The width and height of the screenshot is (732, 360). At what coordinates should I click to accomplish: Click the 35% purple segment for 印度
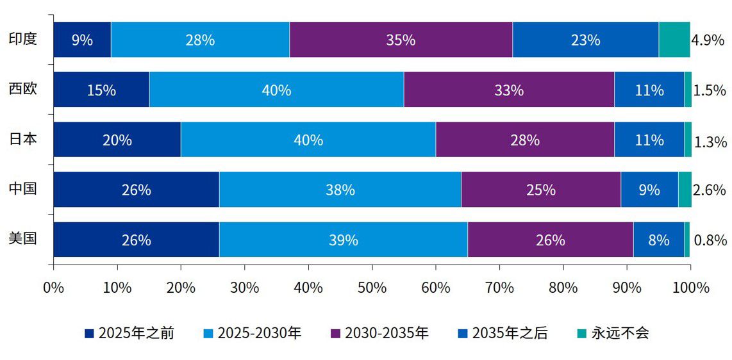[401, 40]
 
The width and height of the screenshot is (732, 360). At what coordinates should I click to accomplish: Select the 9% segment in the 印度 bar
[82, 40]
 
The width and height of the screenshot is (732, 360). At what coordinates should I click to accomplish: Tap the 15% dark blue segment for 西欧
[101, 90]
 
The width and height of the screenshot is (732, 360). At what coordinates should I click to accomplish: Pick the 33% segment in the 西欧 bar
[508, 90]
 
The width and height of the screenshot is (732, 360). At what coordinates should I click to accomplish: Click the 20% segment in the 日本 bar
[117, 140]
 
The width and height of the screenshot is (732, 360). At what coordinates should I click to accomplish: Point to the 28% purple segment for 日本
[524, 140]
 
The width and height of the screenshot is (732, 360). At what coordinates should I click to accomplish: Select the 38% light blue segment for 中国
[340, 190]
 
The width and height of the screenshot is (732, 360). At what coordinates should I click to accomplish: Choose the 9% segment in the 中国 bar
[649, 190]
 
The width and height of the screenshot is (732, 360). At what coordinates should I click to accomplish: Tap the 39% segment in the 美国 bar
[343, 240]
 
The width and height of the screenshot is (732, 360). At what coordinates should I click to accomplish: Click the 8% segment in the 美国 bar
[658, 240]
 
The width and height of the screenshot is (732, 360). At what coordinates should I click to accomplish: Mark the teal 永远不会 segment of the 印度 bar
[674, 40]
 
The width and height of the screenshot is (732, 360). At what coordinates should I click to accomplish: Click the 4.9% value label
[708, 40]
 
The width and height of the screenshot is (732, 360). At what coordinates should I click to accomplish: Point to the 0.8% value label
[710, 240]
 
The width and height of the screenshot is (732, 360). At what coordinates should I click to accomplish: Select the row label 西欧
[22, 88]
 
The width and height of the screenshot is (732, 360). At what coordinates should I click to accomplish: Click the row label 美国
[22, 238]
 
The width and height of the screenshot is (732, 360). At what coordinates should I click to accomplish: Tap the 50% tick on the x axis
[372, 288]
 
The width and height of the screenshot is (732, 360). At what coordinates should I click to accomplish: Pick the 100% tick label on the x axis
[690, 288]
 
